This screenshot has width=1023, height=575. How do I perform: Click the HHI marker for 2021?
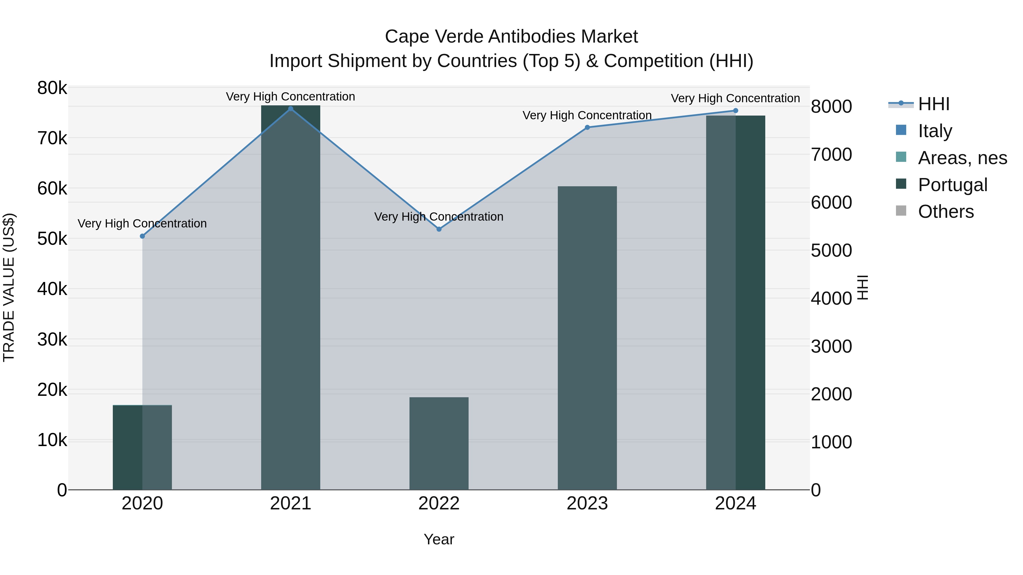[x=290, y=109]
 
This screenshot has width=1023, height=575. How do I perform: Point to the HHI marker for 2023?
[x=587, y=127]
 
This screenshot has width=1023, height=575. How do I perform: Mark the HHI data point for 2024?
[x=735, y=111]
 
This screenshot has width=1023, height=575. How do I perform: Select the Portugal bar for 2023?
[x=587, y=338]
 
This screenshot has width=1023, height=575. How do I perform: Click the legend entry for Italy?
[x=935, y=131]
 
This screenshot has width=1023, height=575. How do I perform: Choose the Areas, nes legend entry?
[x=962, y=158]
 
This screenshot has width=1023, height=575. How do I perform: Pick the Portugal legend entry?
[x=952, y=185]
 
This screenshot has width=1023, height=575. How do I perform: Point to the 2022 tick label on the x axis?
[x=439, y=503]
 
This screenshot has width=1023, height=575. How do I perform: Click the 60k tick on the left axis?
[x=52, y=189]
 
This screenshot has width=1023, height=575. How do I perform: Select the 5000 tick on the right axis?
[x=831, y=250]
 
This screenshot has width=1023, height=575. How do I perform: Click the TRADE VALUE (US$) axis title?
[x=9, y=287]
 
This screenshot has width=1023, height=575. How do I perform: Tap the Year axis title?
[x=439, y=539]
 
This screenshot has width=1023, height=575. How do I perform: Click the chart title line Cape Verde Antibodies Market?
[x=511, y=37]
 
